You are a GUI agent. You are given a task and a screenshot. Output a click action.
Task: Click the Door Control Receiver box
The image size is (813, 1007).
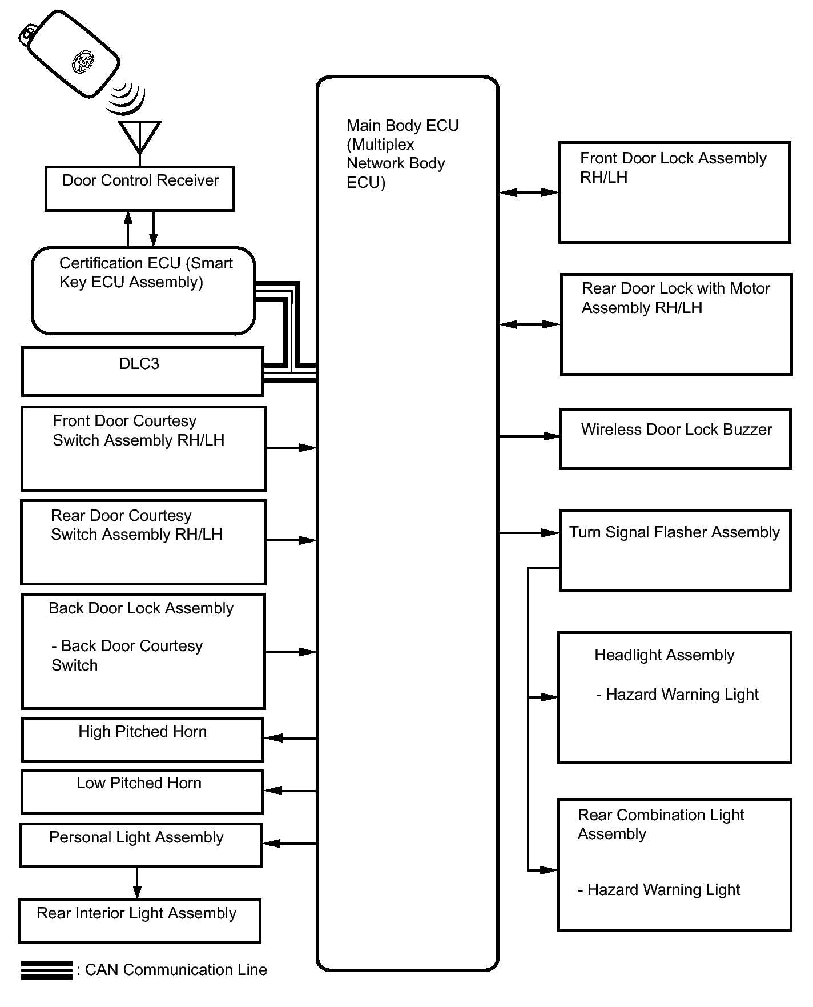139,188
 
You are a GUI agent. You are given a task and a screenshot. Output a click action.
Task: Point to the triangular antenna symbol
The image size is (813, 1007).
140,135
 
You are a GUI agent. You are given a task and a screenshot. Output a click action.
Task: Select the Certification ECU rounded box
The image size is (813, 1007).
143,290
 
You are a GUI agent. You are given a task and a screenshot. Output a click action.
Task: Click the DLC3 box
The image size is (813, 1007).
142,371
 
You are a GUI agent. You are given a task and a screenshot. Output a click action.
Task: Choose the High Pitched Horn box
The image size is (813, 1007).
142,739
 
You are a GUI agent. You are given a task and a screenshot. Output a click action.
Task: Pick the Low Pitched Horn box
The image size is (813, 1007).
142,792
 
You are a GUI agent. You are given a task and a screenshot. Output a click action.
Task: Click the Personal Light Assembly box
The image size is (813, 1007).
140,845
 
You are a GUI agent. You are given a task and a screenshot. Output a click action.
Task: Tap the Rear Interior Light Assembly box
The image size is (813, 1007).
139,921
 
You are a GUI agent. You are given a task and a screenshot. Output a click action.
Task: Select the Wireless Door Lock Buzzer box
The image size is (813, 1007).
675,438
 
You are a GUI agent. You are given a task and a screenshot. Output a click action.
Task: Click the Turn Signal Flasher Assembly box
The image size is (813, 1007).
675,549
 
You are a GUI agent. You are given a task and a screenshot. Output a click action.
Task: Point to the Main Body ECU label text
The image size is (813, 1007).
402,154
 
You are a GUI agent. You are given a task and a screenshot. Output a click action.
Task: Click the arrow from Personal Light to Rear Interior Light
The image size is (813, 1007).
137,883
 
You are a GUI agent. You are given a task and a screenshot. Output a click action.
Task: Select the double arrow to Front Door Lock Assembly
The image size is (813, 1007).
529,192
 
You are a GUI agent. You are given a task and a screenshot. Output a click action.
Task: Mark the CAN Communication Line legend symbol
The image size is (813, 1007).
46,970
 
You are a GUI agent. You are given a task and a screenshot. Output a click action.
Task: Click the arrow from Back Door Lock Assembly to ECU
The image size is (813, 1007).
291,652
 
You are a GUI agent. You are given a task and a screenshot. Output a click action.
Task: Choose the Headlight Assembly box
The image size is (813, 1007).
674,697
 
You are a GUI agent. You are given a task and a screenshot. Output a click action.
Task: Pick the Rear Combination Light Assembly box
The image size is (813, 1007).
674,864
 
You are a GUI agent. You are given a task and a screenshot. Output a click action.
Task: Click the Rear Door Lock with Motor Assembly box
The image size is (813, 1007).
676,324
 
